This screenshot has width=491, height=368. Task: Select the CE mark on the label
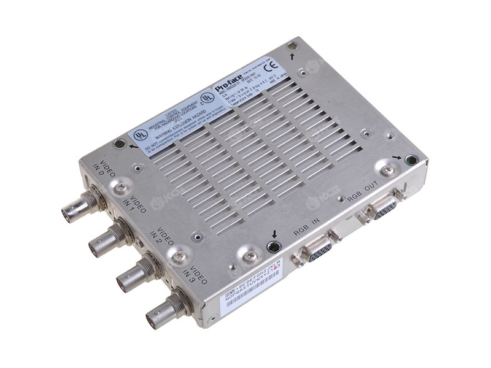(274, 63)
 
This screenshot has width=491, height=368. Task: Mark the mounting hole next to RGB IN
(274, 247)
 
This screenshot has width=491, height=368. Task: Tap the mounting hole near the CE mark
(293, 46)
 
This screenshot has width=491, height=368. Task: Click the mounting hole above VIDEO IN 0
(120, 145)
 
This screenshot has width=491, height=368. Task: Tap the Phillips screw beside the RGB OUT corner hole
(388, 170)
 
